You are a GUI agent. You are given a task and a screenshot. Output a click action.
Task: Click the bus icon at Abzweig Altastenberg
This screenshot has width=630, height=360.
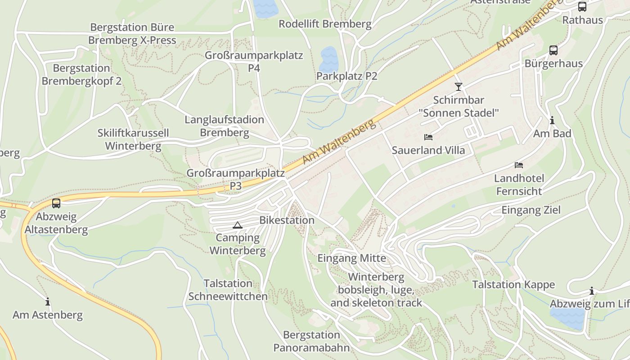[x=56, y=203]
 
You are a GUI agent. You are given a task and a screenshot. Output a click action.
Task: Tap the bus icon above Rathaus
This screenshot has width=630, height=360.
[x=582, y=7]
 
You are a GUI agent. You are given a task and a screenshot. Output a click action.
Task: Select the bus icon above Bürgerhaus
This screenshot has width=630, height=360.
[x=553, y=50]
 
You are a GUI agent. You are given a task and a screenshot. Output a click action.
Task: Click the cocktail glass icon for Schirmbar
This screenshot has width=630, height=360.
[x=459, y=86]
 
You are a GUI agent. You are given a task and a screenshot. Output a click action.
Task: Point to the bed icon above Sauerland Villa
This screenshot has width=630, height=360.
[x=428, y=137]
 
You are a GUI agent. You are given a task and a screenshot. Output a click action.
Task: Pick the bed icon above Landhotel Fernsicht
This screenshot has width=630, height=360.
[x=519, y=165]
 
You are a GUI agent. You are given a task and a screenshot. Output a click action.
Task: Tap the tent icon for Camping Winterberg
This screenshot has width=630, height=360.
[x=238, y=225]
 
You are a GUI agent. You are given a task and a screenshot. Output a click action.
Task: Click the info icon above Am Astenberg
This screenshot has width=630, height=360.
[x=48, y=301]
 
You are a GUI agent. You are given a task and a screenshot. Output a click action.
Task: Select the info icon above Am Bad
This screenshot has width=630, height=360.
[x=552, y=120]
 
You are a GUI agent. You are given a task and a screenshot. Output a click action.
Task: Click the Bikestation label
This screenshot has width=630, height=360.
[x=287, y=220]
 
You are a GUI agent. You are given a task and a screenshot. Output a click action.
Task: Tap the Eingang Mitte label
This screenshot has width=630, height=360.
[x=351, y=258]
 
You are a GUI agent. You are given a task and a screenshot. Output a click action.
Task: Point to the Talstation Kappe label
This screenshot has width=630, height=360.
[x=513, y=284]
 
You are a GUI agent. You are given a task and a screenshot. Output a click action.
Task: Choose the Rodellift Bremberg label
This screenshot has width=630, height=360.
[x=325, y=24]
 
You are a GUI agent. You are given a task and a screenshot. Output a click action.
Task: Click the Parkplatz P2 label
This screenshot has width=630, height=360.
[x=346, y=76]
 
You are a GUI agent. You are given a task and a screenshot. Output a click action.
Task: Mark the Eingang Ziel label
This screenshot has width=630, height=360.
[x=531, y=210]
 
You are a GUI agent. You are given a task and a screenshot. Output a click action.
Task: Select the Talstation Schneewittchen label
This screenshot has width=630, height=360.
[x=228, y=290]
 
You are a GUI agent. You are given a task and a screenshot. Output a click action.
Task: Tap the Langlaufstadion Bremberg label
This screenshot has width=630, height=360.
[x=224, y=126]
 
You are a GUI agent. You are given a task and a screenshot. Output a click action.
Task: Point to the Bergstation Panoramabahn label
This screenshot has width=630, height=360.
[x=311, y=341]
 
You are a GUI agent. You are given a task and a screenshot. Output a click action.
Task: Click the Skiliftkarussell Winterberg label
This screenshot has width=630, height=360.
[x=133, y=139]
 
